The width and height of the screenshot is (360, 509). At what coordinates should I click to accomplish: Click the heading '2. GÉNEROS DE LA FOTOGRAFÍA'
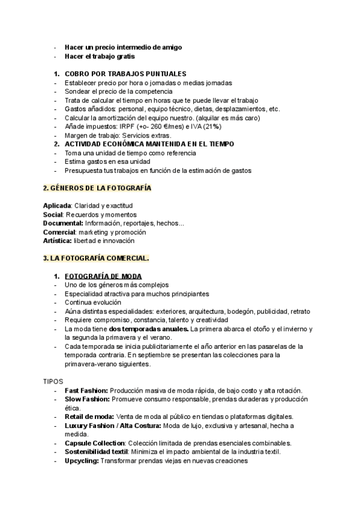point(97,188)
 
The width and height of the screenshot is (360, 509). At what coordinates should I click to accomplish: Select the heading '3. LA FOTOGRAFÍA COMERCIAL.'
point(96,258)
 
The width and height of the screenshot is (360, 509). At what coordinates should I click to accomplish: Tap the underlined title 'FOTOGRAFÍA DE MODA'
point(103,276)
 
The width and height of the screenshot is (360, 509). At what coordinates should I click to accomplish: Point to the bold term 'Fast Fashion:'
point(86,391)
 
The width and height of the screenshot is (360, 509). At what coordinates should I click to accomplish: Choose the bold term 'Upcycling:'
point(82,460)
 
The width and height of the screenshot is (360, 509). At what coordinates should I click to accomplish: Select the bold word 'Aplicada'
point(57,206)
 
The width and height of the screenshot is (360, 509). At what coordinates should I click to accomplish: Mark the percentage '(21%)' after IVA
point(212,127)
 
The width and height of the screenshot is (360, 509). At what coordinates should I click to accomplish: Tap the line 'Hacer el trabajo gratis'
point(100,56)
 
